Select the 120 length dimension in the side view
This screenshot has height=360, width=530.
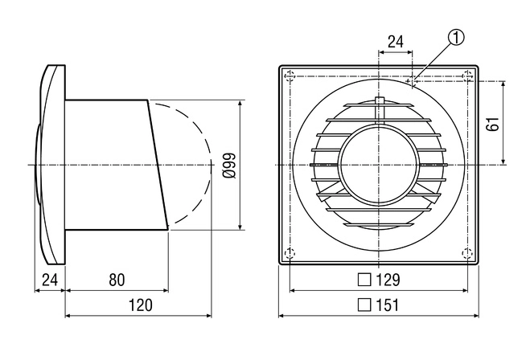(141, 305)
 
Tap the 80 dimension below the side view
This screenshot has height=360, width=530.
(117, 280)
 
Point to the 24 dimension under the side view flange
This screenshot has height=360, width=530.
(50, 280)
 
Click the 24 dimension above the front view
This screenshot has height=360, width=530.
(396, 42)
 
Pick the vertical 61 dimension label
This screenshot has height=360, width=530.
(493, 124)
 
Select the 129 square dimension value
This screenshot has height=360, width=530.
(388, 280)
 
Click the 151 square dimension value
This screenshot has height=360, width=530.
(388, 305)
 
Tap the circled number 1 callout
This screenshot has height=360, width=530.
(456, 38)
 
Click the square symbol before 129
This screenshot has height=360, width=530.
(364, 280)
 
